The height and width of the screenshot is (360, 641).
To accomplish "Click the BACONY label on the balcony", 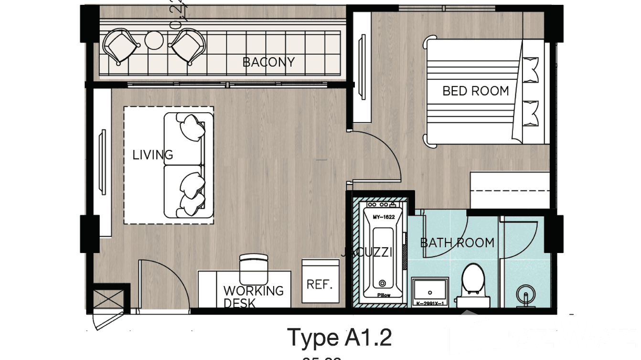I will pyautogui.click(x=268, y=62).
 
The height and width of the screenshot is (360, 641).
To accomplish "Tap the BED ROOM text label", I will pyautogui.click(x=475, y=91).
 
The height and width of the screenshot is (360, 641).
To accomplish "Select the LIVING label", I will pyautogui.click(x=153, y=155).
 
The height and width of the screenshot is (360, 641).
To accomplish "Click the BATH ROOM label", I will pyautogui.click(x=457, y=243).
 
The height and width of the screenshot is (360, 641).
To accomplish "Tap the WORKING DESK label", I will pyautogui.click(x=253, y=296).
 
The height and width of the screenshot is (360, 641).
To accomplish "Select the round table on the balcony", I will pyautogui.click(x=154, y=41).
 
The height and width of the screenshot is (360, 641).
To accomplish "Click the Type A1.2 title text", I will pyautogui.click(x=339, y=338).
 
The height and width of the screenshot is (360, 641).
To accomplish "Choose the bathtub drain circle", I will pyautogui.click(x=382, y=283).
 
